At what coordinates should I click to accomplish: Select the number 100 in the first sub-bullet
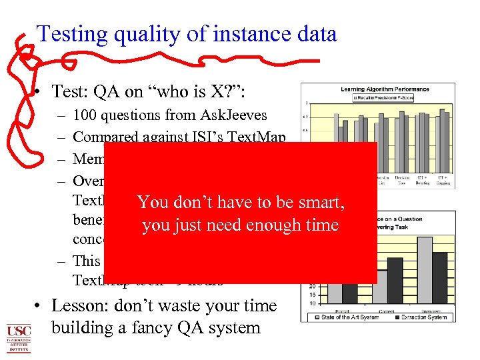tap(85, 115)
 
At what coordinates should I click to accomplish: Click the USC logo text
tap(19, 331)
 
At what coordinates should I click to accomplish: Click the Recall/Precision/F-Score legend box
tap(378, 97)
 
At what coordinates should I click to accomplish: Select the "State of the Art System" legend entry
tap(347, 317)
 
